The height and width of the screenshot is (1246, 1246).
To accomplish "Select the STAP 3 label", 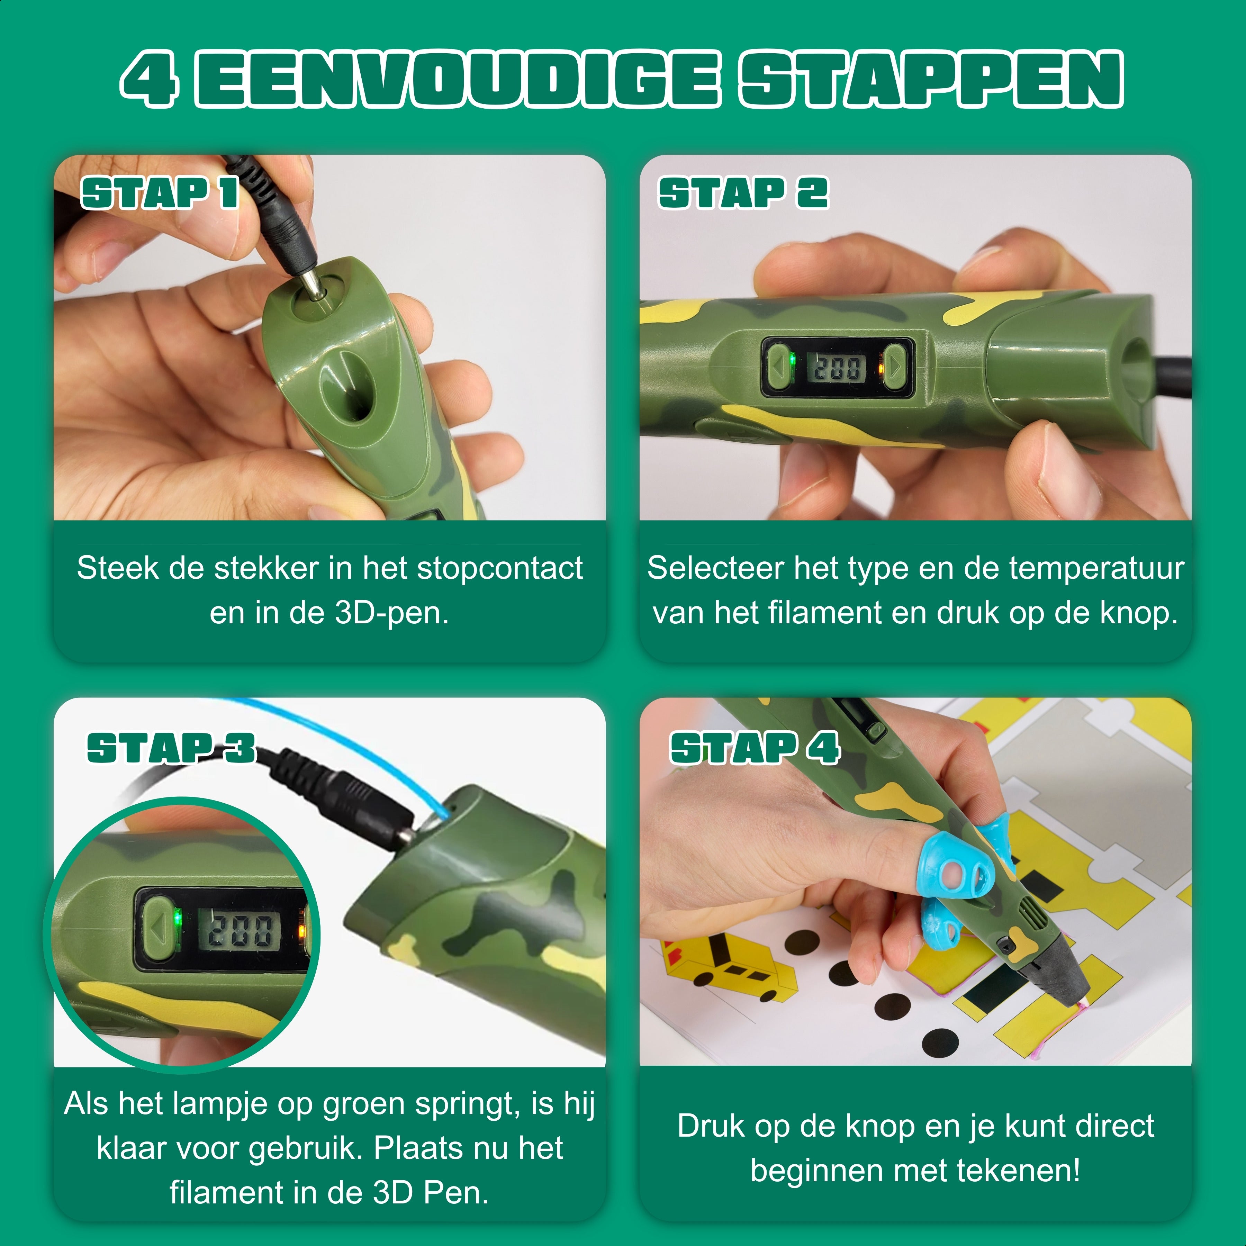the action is click(172, 748).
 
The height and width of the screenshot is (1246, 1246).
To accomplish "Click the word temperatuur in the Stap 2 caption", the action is click(1096, 569).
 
